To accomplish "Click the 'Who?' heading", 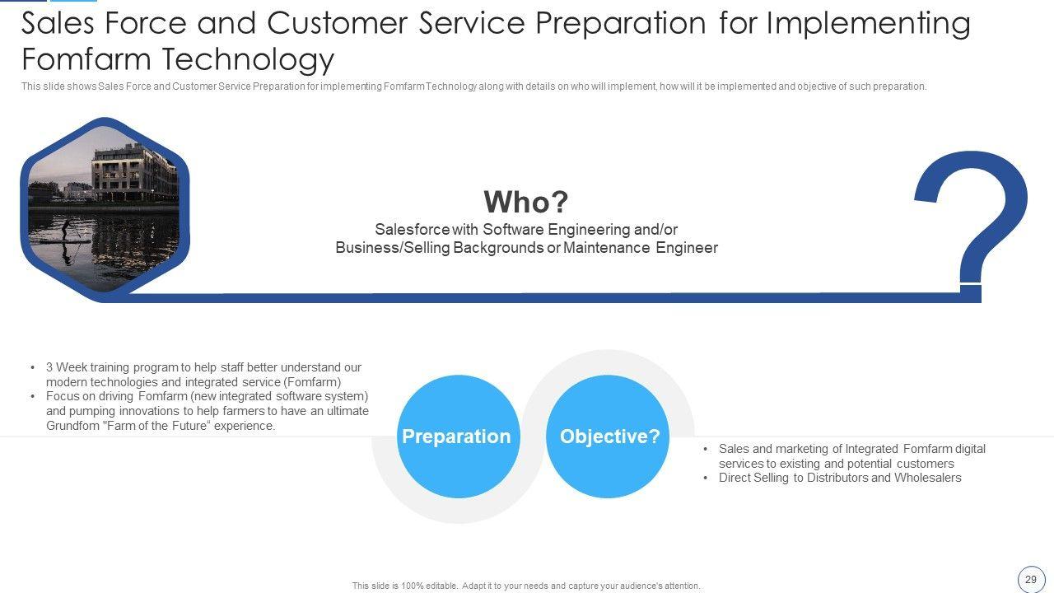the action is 526,202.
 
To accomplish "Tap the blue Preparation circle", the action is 459,437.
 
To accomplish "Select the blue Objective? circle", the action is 608,437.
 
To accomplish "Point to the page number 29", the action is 1030,579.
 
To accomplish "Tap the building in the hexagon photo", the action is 134,173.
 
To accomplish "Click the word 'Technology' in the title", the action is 248,60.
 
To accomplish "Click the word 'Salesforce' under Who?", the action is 413,230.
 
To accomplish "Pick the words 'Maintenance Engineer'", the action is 641,248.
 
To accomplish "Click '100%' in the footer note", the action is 412,586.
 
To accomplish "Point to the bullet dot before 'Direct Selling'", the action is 706,479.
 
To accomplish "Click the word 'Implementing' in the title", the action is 869,24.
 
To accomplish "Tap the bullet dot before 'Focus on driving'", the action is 32,397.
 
